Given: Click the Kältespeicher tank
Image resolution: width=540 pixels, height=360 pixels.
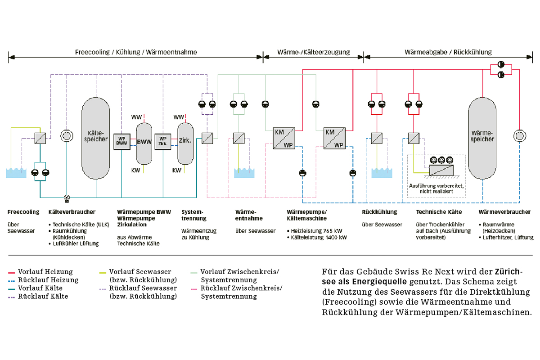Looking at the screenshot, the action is tap(96, 138).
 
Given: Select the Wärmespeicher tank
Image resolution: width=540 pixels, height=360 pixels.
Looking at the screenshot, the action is tap(482, 138).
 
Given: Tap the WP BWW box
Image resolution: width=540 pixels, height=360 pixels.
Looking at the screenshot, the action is tap(122, 142).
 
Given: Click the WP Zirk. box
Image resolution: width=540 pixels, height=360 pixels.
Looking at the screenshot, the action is tap(163, 142).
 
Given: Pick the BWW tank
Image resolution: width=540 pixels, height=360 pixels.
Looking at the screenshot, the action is tap(144, 144).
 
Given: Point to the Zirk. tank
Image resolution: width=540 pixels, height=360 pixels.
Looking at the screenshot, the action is tap(185, 144).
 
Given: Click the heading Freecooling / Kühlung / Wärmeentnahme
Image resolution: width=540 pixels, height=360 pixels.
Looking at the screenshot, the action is tap(136, 52).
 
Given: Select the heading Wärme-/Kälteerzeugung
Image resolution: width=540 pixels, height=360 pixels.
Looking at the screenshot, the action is tap(313, 52).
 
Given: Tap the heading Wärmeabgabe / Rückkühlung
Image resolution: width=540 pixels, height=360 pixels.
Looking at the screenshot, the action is tap(448, 52).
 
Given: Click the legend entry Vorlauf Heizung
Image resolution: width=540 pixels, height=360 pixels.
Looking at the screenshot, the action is tap(45, 272).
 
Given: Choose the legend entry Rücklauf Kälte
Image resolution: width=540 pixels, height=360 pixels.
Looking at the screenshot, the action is tap(43, 297).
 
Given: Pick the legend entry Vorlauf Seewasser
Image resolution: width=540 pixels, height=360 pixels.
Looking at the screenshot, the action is tap(140, 272).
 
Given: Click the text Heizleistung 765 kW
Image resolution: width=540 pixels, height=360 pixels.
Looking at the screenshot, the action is tap(316, 231).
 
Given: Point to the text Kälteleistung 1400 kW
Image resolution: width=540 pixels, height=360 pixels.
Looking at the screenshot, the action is tap(319, 238).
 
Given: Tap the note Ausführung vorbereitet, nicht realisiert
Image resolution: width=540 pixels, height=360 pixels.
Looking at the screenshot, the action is tap(436, 189).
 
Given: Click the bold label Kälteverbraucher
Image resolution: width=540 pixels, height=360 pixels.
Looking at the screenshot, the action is tap(72, 212).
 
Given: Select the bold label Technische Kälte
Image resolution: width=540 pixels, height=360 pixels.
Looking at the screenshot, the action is tap(439, 212).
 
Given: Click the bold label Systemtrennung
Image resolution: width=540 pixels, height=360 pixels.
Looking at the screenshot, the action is tap(194, 215).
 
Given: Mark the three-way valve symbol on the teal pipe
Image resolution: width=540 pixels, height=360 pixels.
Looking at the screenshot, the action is tap(67, 198).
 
